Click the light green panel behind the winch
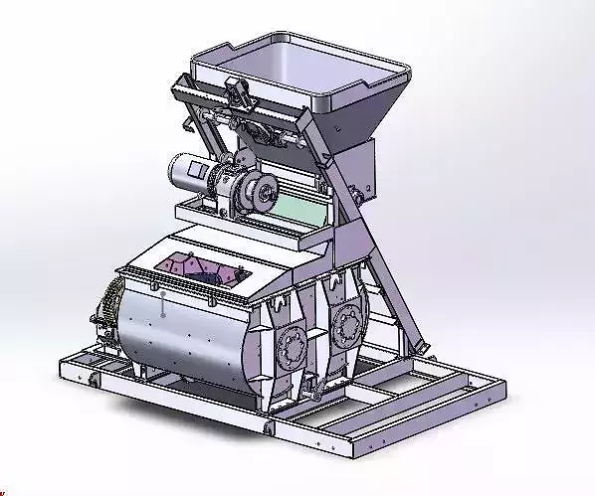302,208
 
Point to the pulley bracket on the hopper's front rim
240,94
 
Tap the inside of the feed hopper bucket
298,65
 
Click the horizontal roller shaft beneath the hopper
254,123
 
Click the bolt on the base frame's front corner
269,429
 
